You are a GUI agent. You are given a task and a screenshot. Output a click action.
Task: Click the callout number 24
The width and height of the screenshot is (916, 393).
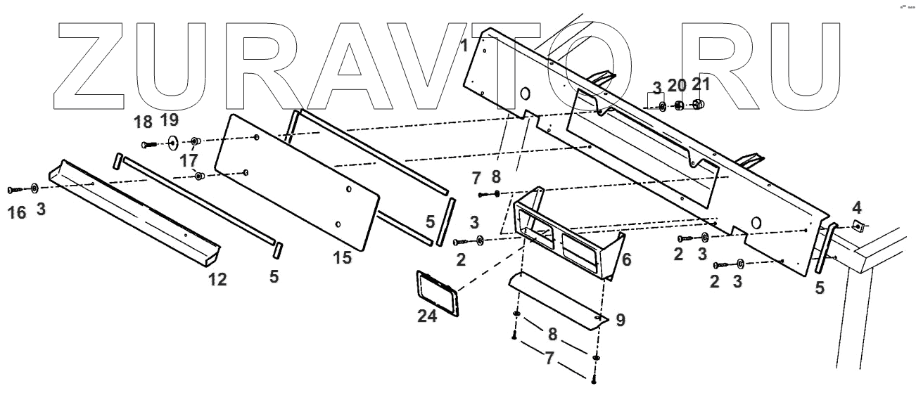[427, 316]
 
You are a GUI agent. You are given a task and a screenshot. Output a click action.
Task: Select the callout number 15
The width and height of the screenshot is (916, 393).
[342, 257]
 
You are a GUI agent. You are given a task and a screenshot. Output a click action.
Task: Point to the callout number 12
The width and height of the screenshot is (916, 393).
[217, 280]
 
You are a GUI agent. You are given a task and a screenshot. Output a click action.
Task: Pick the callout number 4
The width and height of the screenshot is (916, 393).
[856, 207]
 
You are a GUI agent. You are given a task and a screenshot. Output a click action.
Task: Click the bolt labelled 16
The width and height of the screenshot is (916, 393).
[15, 190]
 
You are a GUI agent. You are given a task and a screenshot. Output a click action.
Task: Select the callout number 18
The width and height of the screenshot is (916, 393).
[143, 122]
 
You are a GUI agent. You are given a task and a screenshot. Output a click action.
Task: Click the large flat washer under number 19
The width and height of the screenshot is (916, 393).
[172, 144]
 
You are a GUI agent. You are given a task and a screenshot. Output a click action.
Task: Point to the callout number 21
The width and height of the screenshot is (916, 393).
[701, 86]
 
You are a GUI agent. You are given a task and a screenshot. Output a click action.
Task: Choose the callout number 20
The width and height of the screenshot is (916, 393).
[676, 86]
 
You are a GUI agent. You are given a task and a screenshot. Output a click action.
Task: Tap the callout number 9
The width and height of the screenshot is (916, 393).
[620, 320]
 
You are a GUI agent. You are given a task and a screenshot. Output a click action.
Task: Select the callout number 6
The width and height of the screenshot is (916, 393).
[626, 259]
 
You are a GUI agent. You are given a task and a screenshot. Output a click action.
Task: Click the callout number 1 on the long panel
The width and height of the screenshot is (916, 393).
[464, 46]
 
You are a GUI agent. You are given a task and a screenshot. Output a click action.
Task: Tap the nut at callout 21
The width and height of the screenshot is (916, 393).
[699, 105]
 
